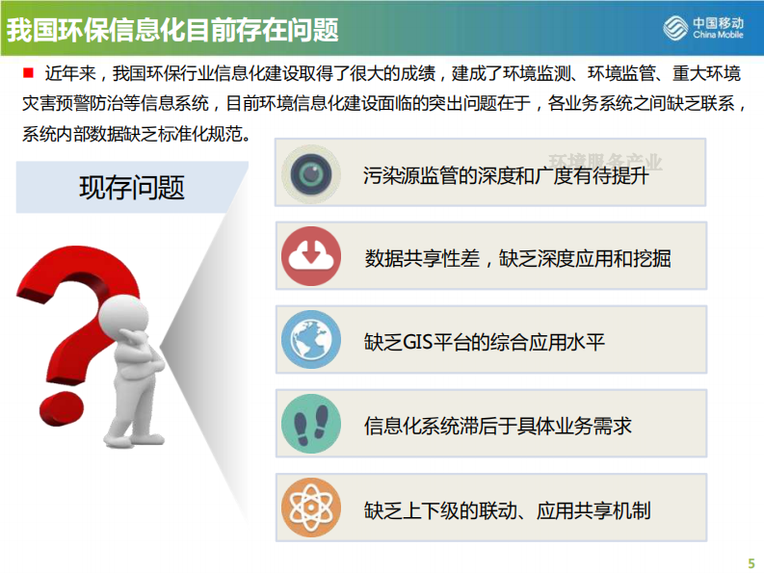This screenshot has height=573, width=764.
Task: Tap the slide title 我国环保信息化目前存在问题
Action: pos(173,30)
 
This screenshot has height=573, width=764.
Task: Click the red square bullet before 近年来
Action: pos(28,72)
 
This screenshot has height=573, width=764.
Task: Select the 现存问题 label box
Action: pos(132,187)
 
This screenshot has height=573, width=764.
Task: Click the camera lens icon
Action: pos(311,172)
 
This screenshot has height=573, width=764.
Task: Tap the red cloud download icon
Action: pos(311,256)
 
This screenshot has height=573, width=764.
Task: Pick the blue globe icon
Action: pos(311,340)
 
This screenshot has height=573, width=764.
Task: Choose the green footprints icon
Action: pos(311,424)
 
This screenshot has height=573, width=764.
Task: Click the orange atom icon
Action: pos(311,508)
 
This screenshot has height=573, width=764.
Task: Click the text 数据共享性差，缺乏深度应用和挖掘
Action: pos(517,258)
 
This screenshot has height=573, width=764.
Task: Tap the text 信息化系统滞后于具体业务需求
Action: pos(497,425)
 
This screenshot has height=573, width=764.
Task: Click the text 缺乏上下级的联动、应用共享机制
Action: pos(507,508)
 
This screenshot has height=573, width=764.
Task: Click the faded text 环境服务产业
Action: pos(606,162)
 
